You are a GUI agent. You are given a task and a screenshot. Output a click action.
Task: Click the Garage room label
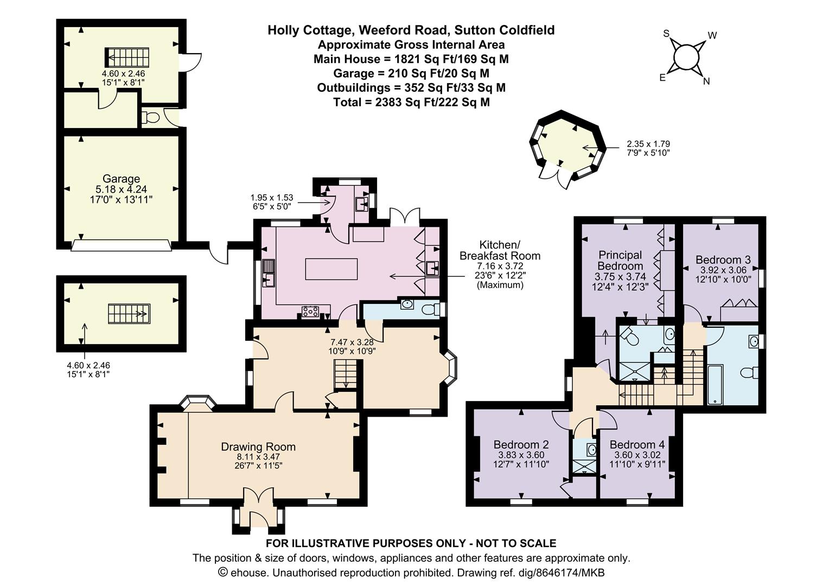click(121, 179)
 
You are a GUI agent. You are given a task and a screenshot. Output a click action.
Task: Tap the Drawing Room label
click(258, 447)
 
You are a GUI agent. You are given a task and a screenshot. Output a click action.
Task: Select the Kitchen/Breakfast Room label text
click(500, 250)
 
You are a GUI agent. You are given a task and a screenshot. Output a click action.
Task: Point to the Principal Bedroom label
click(620, 260)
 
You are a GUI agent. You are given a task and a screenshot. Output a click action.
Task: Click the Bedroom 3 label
click(723, 259)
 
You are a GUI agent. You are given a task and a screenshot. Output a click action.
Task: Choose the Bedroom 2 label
click(521, 444)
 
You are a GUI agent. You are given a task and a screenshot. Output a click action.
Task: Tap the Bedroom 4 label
click(637, 444)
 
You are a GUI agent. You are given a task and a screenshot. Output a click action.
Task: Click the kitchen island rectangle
click(331, 269)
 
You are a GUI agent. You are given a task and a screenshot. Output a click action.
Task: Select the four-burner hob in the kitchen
click(310, 311)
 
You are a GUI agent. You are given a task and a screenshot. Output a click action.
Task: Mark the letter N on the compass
click(706, 81)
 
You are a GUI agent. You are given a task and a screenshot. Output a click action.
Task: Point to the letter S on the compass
click(666, 34)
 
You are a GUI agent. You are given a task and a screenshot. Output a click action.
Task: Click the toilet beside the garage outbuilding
click(151, 118)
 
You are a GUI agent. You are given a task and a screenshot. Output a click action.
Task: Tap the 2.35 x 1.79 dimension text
click(648, 144)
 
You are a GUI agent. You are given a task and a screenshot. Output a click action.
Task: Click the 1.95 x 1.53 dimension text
click(272, 198)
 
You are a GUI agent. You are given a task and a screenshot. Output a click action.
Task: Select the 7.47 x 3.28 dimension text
click(352, 342)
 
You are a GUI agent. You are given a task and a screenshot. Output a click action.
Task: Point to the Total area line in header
click(412, 102)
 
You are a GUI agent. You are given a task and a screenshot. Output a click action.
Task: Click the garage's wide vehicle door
click(122, 245)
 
